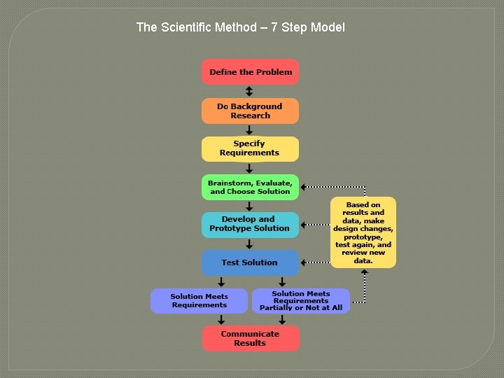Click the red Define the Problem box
click(x=250, y=72)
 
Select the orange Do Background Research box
click(x=250, y=111)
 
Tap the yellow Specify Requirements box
click(x=250, y=148)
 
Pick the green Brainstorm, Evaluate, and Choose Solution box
click(x=250, y=187)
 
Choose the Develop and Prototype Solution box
click(x=250, y=225)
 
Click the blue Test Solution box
click(x=250, y=262)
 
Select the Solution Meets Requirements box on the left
click(x=199, y=301)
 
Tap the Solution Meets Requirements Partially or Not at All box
click(x=300, y=301)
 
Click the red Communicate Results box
click(x=250, y=339)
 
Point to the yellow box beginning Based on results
click(x=363, y=232)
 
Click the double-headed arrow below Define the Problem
click(x=249, y=92)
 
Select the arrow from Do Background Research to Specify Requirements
click(x=249, y=130)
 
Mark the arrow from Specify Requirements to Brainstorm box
click(x=249, y=168)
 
